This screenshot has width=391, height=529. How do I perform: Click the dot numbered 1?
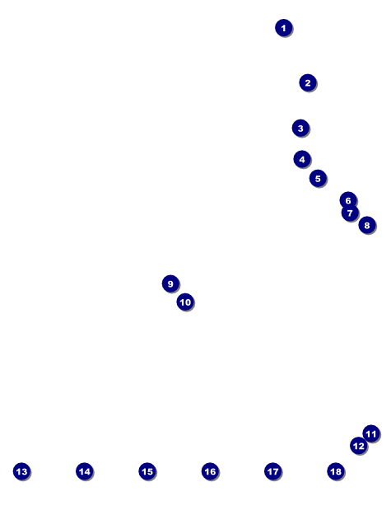point(283,28)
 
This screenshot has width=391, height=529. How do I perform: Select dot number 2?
point(308,82)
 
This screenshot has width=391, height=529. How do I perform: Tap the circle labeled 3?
point(300,129)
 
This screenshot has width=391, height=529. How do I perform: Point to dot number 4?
point(302,159)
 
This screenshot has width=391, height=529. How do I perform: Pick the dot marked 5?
point(318,179)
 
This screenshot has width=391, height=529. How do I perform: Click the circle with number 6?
point(348,200)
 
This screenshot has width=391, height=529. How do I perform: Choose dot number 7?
point(350,213)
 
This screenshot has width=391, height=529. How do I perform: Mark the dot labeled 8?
point(367,225)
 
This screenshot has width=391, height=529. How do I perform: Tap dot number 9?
point(170,283)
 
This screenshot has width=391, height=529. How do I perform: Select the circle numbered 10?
point(185,302)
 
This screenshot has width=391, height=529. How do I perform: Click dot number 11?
point(371,433)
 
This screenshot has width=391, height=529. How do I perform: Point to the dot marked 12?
point(359,446)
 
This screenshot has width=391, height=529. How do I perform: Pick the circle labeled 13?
point(21,471)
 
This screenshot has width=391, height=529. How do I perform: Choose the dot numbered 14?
point(85,471)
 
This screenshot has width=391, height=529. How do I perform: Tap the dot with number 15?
point(147,471)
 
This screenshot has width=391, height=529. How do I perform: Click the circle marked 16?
point(211,471)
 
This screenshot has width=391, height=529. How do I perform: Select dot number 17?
point(273,471)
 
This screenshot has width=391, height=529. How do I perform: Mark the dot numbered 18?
point(336,471)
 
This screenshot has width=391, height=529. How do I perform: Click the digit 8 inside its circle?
point(367,226)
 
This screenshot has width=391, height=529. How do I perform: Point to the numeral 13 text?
point(21,471)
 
